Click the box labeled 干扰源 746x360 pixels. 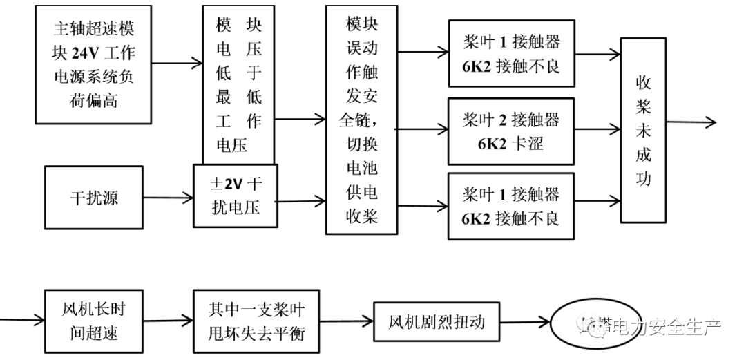click(93, 198)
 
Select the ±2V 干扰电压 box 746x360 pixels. click(235, 196)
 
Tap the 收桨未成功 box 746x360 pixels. click(643, 130)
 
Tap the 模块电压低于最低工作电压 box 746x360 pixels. click(238, 83)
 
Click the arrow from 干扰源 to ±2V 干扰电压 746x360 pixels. click(168, 198)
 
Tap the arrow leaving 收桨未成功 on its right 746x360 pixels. click(691, 123)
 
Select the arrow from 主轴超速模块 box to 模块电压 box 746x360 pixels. click(177, 64)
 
